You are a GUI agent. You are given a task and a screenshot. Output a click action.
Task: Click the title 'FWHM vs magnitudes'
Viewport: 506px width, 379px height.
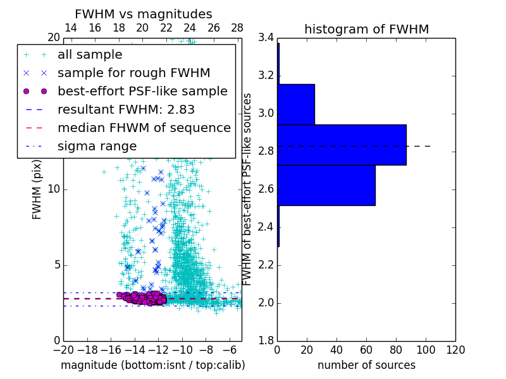click(144, 14)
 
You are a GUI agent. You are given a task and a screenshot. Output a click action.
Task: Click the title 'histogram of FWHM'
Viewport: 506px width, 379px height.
click(366, 29)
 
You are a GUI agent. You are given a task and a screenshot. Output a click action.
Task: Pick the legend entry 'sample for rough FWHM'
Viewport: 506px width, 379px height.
click(133, 73)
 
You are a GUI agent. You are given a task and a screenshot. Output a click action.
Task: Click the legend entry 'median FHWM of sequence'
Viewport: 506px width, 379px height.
click(144, 128)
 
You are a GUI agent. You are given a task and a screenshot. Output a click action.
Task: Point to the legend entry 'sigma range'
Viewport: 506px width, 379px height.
click(97, 146)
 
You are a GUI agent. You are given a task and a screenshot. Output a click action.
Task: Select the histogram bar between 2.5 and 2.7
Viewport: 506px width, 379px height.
click(326, 185)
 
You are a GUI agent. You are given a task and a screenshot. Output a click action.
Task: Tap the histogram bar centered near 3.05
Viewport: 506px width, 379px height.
click(295, 104)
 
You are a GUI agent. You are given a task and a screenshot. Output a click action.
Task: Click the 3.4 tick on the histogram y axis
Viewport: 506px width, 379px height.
click(266, 38)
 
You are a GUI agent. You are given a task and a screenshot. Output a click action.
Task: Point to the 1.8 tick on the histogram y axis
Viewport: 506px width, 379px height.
click(266, 341)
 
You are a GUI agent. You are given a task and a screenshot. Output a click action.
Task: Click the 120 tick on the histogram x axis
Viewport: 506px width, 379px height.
click(455, 350)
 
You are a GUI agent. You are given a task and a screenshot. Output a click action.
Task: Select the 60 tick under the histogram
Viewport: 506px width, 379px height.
click(366, 350)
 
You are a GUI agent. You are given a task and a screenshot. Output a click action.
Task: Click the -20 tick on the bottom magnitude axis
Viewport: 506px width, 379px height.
click(63, 350)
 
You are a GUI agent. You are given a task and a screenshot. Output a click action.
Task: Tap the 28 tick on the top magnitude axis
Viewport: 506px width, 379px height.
click(237, 28)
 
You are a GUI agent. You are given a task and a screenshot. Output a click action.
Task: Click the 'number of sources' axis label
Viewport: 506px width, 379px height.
click(366, 365)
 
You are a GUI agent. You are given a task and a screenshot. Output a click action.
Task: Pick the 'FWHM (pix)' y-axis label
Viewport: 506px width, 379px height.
click(37, 189)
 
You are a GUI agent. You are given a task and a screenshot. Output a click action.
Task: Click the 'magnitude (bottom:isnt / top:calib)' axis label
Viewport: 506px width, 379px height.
click(152, 365)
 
